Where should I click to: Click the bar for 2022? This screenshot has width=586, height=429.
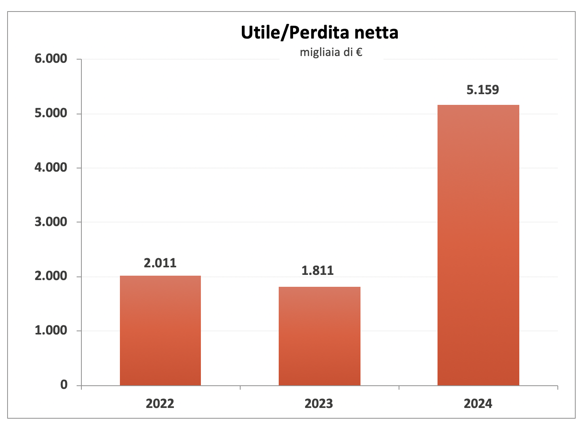pyautogui.click(x=160, y=330)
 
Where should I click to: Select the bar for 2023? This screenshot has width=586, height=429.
pyautogui.click(x=320, y=336)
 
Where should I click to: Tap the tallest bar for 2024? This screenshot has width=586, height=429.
pyautogui.click(x=478, y=245)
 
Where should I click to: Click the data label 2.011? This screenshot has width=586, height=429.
pyautogui.click(x=160, y=263)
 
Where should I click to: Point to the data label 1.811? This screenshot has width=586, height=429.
pyautogui.click(x=318, y=271)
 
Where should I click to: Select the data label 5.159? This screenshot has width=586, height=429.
pyautogui.click(x=482, y=90)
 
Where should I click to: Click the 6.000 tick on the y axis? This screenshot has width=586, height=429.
pyautogui.click(x=51, y=59)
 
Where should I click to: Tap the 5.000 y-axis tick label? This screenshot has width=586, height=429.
pyautogui.click(x=51, y=114)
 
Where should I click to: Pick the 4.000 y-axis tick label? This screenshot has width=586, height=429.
pyautogui.click(x=51, y=168)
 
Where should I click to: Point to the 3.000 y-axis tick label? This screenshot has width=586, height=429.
pyautogui.click(x=51, y=222)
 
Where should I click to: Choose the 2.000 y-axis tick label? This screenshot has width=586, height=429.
pyautogui.click(x=51, y=276)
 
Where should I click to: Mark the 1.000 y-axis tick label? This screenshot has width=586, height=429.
pyautogui.click(x=51, y=330)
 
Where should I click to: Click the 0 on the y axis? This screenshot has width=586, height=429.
pyautogui.click(x=64, y=385)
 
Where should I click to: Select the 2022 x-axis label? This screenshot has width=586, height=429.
pyautogui.click(x=160, y=404)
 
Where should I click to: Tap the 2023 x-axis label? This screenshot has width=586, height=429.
pyautogui.click(x=319, y=404)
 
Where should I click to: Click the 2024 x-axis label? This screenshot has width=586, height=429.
pyautogui.click(x=478, y=404)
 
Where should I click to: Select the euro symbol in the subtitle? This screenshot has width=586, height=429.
pyautogui.click(x=359, y=52)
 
